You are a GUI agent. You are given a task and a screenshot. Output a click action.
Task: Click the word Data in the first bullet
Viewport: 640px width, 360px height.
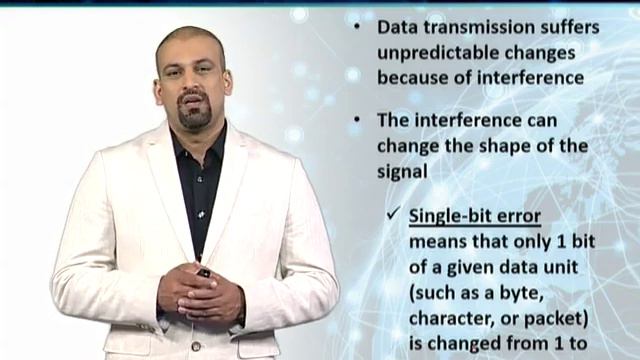[397, 28]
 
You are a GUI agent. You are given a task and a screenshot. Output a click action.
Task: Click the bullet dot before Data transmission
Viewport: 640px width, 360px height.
[358, 28]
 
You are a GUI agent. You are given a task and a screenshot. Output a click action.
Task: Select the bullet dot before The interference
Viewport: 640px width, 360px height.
[358, 121]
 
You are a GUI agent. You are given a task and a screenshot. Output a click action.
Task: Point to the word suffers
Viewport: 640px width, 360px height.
[572, 28]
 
